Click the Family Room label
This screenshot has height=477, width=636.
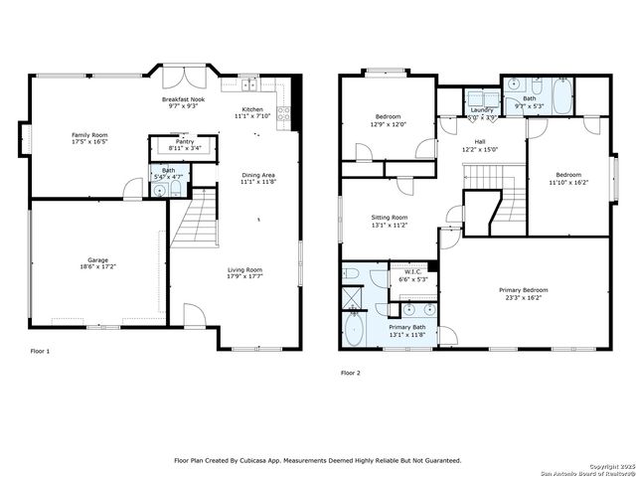click(x=89, y=134)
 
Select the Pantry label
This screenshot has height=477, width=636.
click(x=184, y=142)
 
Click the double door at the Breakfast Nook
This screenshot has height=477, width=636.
click(x=183, y=78)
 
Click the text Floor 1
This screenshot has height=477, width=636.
click(x=40, y=351)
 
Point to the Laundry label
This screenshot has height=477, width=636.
click(x=482, y=109)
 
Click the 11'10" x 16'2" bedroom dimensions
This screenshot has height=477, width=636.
click(x=568, y=182)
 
